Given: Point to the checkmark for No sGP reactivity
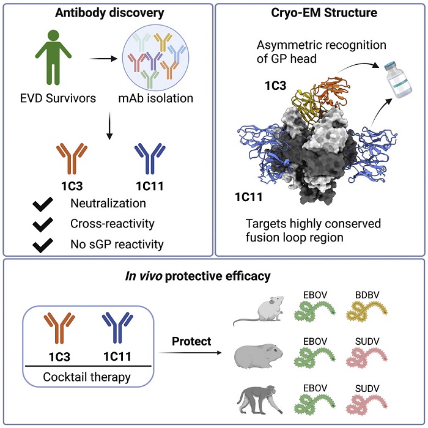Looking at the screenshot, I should click(42, 245).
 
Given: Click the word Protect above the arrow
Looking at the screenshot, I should click(191, 341).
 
